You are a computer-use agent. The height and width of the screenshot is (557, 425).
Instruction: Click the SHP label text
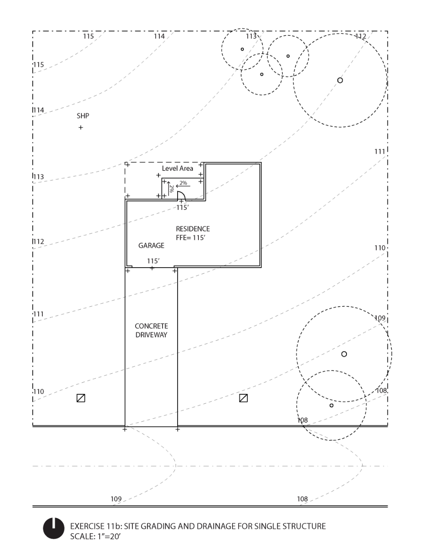[x=83, y=116]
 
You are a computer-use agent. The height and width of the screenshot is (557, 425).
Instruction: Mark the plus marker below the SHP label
[x=81, y=127]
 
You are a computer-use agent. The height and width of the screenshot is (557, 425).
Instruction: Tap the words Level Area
[x=178, y=168]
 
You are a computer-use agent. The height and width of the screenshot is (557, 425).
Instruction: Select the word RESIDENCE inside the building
[x=193, y=229]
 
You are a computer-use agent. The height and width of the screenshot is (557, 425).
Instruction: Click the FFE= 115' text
[x=191, y=238]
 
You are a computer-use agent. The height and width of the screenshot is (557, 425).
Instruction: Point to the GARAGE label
[x=151, y=246]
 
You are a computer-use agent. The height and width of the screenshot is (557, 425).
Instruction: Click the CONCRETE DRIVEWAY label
[x=151, y=331]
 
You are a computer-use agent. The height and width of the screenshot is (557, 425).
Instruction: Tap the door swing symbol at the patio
[x=181, y=196]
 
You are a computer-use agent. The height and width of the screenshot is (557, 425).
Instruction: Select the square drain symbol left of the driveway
[x=81, y=398]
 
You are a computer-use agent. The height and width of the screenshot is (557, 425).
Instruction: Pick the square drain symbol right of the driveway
[x=244, y=398]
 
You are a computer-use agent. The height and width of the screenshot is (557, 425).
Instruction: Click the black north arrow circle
[x=54, y=529]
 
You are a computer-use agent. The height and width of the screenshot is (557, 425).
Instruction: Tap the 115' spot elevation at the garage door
[x=153, y=261]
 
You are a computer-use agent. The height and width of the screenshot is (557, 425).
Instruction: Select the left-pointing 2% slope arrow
[x=183, y=186]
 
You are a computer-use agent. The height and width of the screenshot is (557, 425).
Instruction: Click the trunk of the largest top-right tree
[x=340, y=80]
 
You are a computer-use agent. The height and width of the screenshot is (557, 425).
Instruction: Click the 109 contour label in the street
[x=116, y=499]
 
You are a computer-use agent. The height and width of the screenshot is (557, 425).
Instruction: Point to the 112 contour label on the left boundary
[x=39, y=241]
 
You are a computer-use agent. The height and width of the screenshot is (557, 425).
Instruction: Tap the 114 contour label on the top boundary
[x=159, y=36]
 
